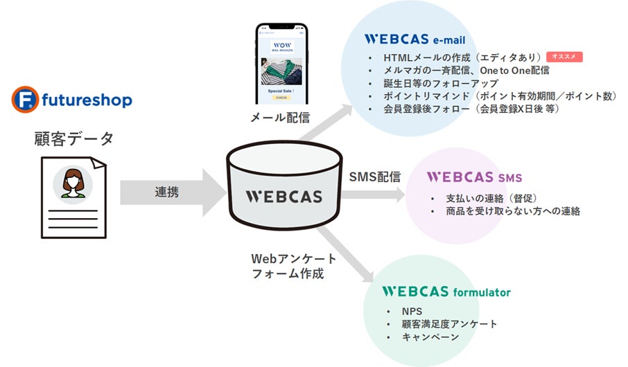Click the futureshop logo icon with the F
tap(25, 99)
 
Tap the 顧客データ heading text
tap(73, 138)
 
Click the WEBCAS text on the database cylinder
tap(284, 197)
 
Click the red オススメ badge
tap(564, 57)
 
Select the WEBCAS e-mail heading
tap(415, 39)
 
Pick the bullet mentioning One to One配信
tap(457, 71)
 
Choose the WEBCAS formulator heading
tap(446, 292)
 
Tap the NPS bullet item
tap(412, 311)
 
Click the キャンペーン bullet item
tap(430, 337)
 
